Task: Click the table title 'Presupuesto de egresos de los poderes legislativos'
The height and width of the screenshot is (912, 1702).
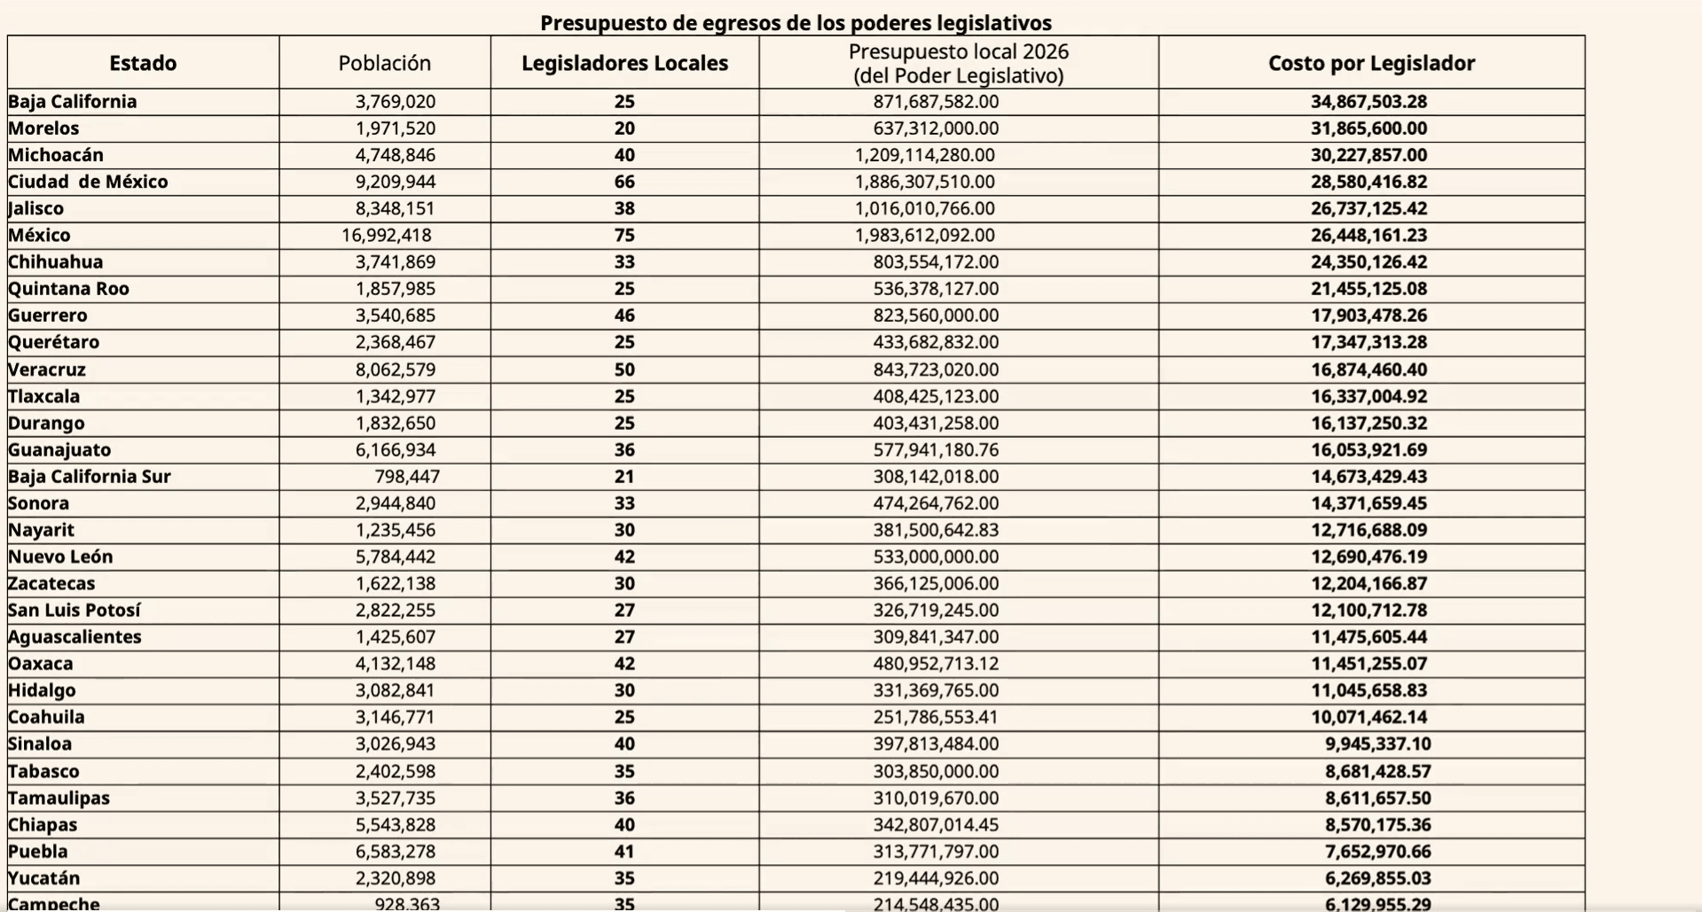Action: pos(796,23)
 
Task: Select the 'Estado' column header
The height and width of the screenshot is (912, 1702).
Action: pos(143,63)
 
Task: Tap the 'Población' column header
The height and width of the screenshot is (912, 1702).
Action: pos(384,63)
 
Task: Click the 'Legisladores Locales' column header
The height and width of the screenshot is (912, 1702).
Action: pos(624,63)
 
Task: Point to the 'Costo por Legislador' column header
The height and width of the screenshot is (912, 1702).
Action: pos(1371,63)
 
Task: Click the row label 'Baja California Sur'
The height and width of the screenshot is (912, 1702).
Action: pos(90,477)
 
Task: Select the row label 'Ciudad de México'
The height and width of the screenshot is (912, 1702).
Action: pos(88,182)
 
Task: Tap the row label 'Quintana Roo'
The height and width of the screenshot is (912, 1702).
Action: pos(68,289)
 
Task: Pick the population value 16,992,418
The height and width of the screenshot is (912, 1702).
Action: pos(387,236)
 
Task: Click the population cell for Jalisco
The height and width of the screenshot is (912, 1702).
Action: pos(396,209)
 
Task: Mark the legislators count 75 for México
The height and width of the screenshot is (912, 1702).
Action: pos(624,236)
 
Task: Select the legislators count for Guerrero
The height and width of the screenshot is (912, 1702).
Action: pos(624,316)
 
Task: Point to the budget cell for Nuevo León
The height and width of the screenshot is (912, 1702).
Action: pos(936,557)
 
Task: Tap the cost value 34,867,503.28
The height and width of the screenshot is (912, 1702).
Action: pos(1369,102)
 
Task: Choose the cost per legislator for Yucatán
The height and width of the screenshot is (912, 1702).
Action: pos(1378,878)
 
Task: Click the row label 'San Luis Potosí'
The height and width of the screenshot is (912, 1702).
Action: pos(75,611)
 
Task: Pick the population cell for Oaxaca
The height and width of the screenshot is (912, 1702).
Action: pos(396,664)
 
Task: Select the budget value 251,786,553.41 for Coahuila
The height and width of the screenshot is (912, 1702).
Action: pos(936,717)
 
